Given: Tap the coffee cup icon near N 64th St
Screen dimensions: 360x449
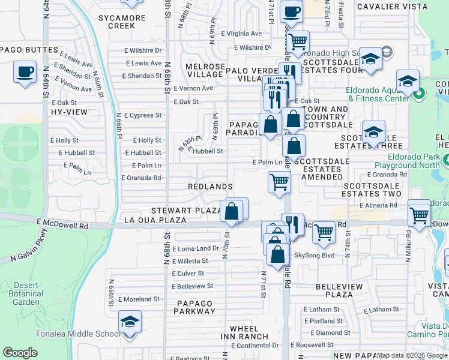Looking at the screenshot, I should click(25, 73).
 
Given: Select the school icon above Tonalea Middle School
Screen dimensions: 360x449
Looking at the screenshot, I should click(130, 322).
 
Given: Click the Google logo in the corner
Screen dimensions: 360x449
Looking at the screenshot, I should click(20, 353).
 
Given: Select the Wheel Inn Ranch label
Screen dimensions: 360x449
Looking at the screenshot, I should click(249, 333).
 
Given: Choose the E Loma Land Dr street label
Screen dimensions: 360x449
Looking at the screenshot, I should click(196, 248).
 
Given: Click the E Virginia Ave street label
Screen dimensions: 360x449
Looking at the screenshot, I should click(241, 34).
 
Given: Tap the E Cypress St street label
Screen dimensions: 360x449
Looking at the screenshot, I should click(143, 115).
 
